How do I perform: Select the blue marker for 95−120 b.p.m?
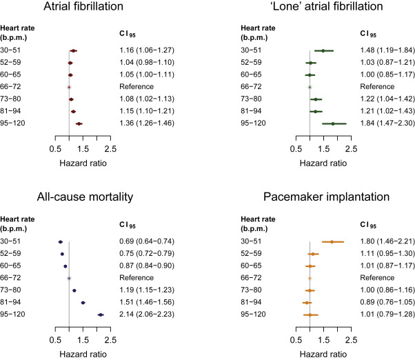(x=101, y=314)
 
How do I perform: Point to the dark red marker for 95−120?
(x=79, y=123)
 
